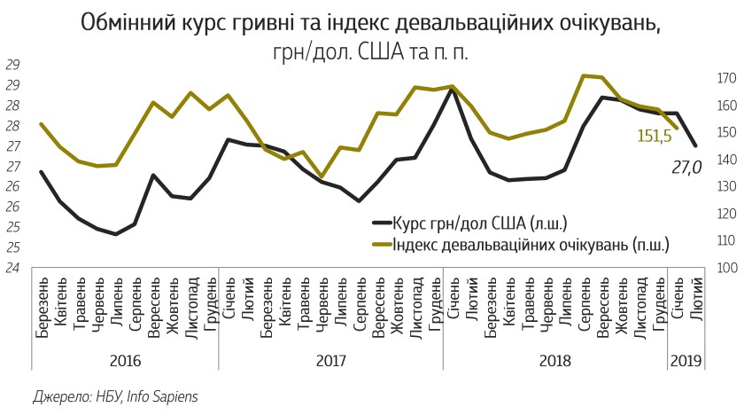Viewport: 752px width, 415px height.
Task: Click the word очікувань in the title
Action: click(x=609, y=22)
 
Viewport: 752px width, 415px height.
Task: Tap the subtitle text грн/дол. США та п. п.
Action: click(x=370, y=51)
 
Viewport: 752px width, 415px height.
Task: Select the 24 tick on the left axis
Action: click(x=13, y=268)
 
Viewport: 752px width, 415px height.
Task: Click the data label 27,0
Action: click(x=686, y=166)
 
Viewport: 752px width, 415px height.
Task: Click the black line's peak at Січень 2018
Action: click(x=453, y=89)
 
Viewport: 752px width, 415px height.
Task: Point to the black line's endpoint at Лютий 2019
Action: click(x=695, y=145)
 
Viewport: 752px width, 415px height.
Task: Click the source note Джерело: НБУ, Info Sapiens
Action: click(x=114, y=396)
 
